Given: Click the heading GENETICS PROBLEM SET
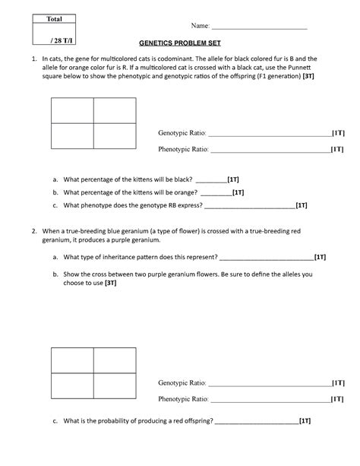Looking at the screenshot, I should (x=179, y=44).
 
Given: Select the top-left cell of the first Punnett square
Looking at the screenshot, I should (x=72, y=111).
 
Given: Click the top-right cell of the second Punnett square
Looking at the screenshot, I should (x=114, y=360).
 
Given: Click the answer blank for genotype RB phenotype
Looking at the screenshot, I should (x=249, y=205).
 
